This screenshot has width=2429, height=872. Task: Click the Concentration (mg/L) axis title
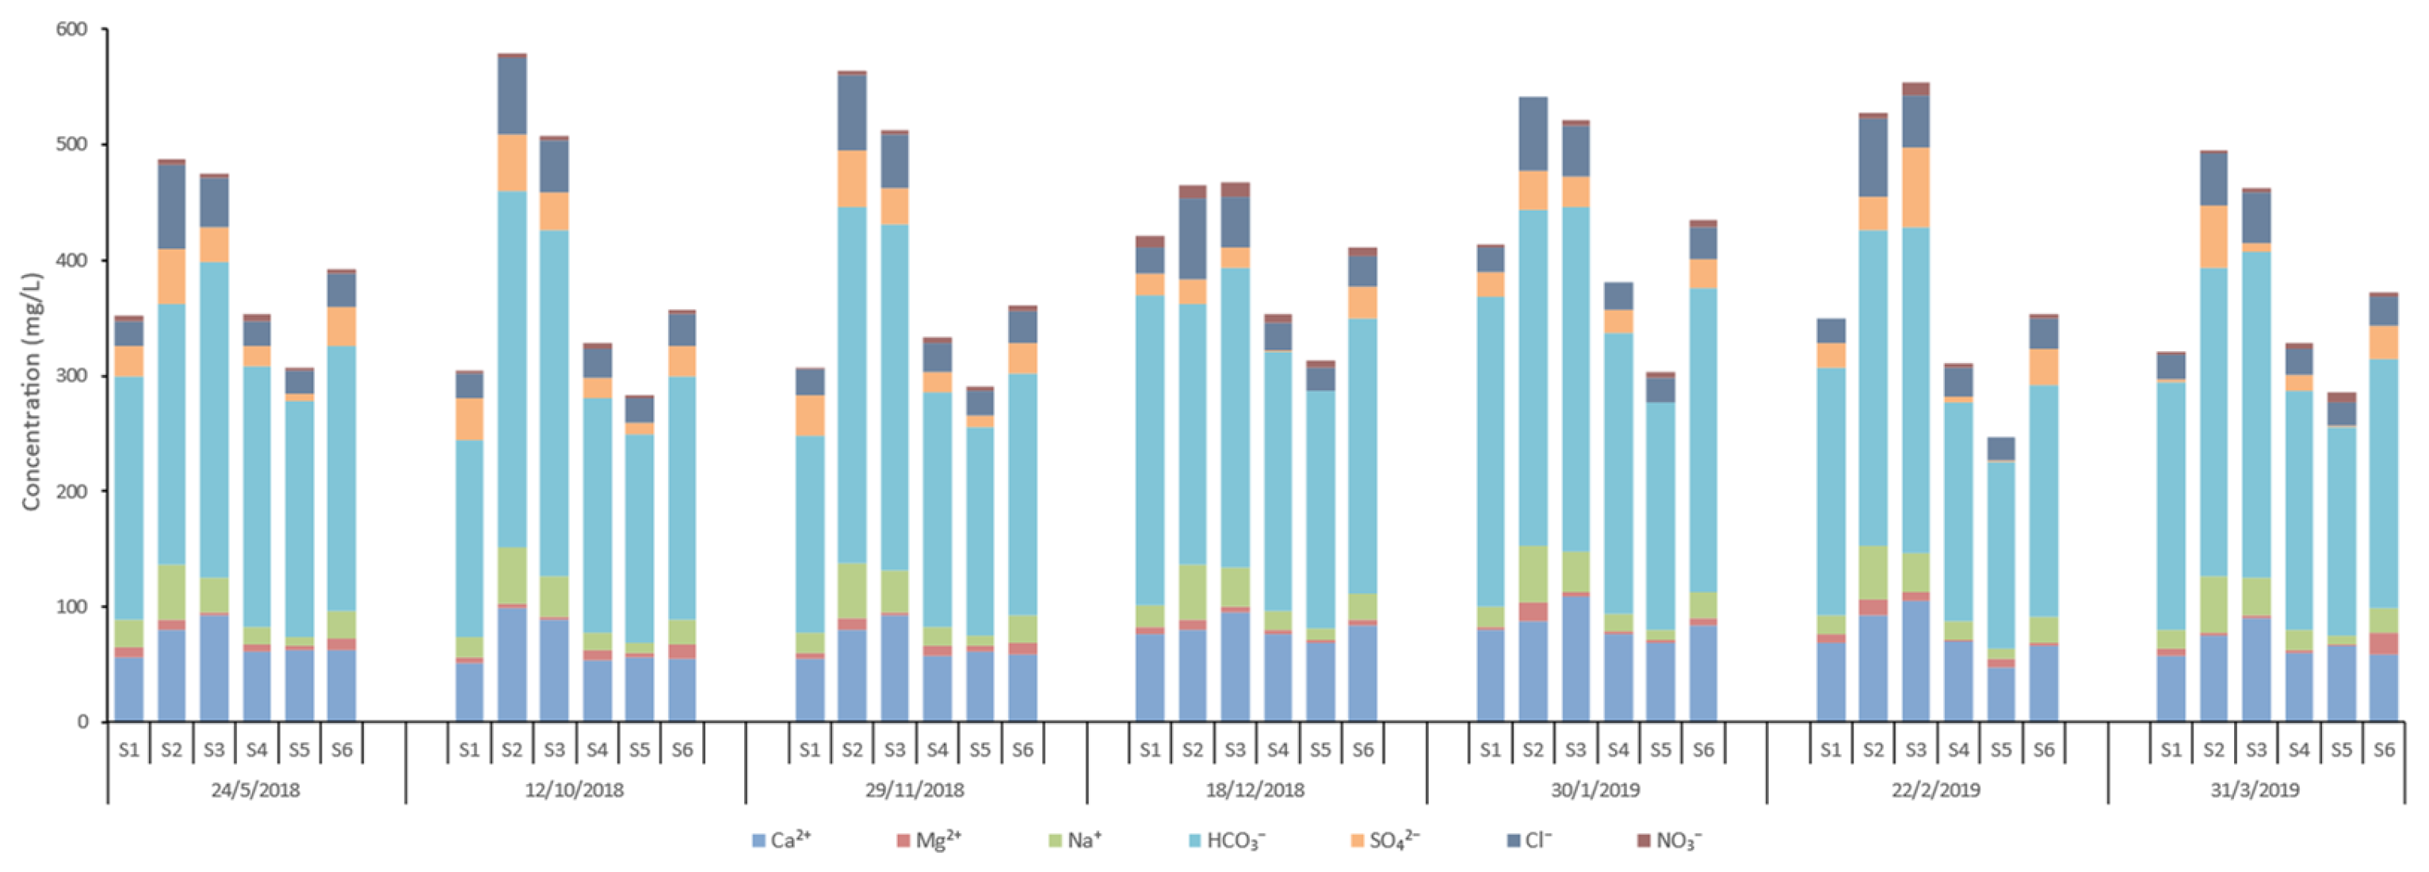(31, 392)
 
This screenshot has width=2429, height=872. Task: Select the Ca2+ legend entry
(781, 840)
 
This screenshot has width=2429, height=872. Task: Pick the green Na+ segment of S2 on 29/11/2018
(853, 590)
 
